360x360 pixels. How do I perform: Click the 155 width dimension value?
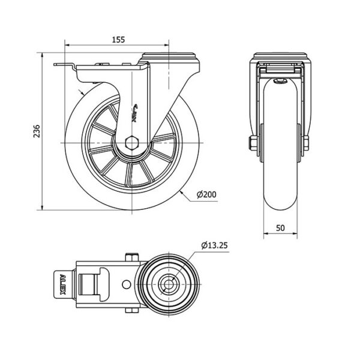pyautogui.click(x=118, y=40)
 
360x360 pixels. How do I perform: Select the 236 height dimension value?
pyautogui.click(x=37, y=131)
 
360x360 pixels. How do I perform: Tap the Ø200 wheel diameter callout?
pyautogui.click(x=206, y=194)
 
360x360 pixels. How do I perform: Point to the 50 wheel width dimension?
pyautogui.click(x=280, y=228)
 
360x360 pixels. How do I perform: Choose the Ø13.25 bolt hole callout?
pyautogui.click(x=214, y=245)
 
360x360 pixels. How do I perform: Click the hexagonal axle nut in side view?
pyautogui.click(x=132, y=143)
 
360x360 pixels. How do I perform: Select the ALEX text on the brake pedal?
pyautogui.click(x=62, y=284)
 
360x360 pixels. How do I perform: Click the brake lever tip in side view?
pyautogui.click(x=55, y=65)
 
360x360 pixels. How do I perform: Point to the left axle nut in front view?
pyautogui.click(x=253, y=143)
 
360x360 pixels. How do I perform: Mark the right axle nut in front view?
pyautogui.click(x=306, y=143)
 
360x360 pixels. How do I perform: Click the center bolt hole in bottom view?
pyautogui.click(x=169, y=284)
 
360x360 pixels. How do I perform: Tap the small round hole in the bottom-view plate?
pyautogui.click(x=126, y=284)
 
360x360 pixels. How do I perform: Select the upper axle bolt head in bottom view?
pyautogui.click(x=132, y=257)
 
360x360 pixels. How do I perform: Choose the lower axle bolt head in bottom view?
pyautogui.click(x=132, y=310)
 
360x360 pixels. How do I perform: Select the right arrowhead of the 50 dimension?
pyautogui.click(x=295, y=233)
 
